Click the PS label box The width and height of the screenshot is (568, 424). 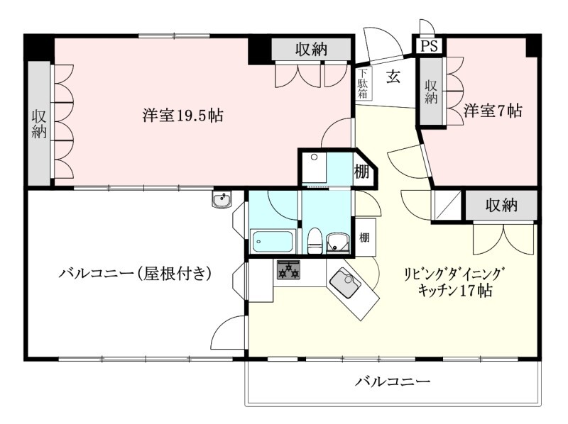click(429, 46)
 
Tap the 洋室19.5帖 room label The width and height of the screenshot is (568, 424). click(182, 115)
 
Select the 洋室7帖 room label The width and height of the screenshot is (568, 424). click(493, 111)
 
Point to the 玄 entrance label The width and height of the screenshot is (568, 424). click(393, 77)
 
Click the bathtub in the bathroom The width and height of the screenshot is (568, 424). click(273, 241)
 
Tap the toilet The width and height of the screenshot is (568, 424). click(315, 240)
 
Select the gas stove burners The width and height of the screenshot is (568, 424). click(288, 269)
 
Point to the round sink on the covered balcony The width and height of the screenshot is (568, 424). click(222, 200)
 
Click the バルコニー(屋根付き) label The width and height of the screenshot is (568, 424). click(136, 273)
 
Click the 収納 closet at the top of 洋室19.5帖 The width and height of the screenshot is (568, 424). click(312, 50)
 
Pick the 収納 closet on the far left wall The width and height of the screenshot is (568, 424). click(39, 123)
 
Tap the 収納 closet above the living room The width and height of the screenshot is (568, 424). click(501, 206)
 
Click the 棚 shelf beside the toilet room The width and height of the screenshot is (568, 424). click(364, 236)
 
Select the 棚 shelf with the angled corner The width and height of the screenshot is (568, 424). click(362, 171)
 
